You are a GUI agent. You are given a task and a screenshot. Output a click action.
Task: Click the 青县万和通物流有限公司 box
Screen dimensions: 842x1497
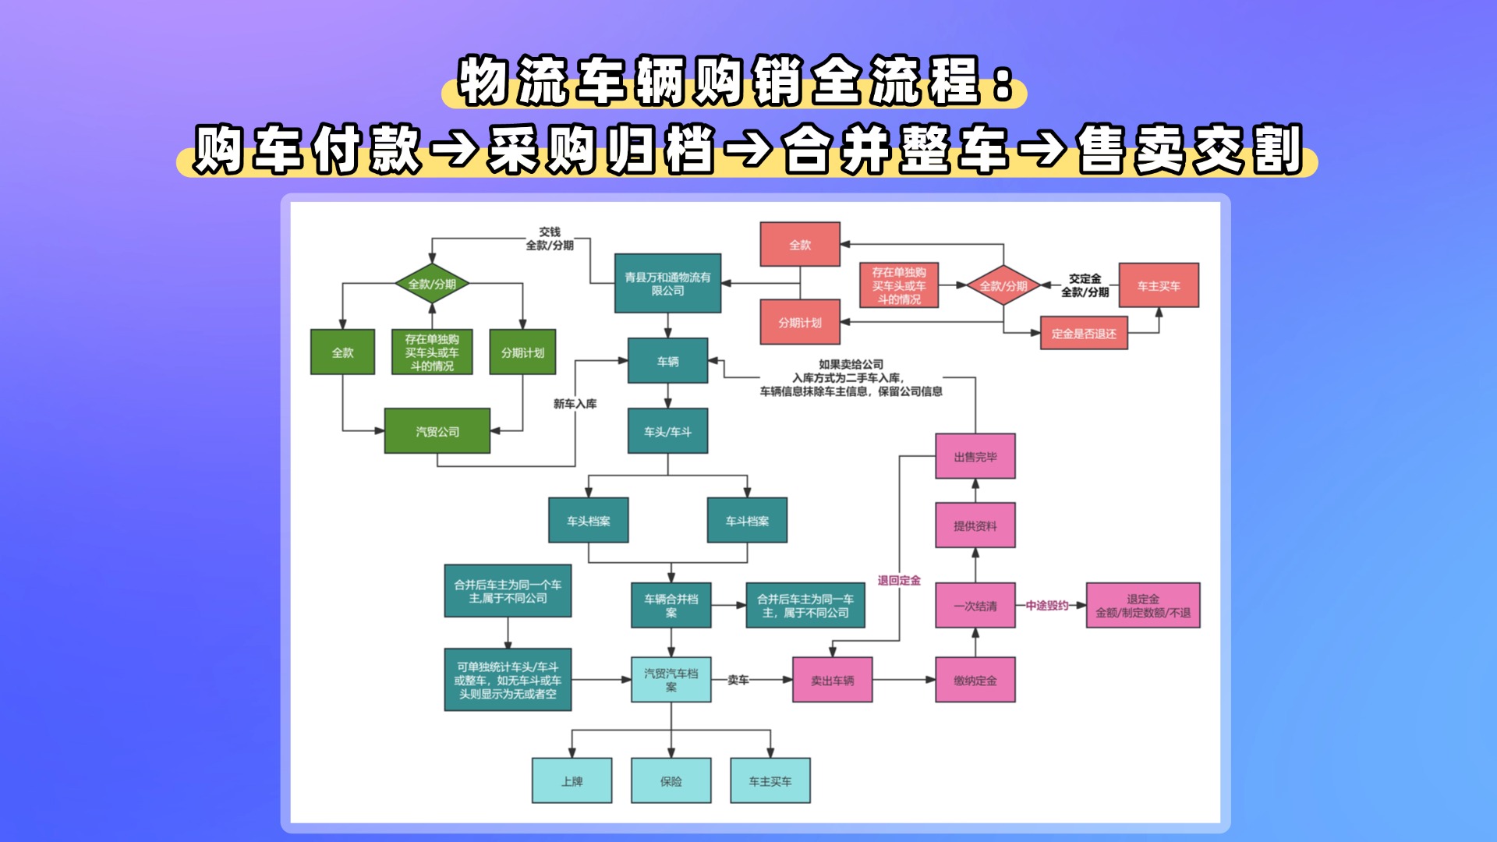tap(667, 283)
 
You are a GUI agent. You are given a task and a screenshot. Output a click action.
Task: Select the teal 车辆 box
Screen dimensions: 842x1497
tap(667, 361)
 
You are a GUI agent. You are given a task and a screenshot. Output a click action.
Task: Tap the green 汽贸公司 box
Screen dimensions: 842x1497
tap(437, 431)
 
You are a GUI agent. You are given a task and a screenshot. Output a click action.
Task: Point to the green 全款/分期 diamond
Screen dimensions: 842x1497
tap(432, 284)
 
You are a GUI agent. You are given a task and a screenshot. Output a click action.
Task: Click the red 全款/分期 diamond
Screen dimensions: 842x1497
tap(1003, 285)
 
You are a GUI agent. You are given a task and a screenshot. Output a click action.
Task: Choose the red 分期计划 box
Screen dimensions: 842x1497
tap(800, 322)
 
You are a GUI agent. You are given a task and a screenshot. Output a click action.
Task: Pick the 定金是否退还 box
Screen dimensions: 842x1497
tap(1084, 334)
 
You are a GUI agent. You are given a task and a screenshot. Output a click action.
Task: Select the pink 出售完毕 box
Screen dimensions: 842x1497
tap(975, 456)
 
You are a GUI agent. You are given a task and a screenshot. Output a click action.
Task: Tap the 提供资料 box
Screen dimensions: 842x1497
tap(975, 525)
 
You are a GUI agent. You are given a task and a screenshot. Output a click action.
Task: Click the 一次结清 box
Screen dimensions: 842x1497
tap(975, 605)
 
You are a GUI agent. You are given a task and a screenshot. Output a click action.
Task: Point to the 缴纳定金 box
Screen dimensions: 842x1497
tap(975, 680)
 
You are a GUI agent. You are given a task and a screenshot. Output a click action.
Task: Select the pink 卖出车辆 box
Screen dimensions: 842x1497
tap(832, 680)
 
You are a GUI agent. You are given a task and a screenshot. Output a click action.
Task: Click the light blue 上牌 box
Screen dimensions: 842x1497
tap(572, 780)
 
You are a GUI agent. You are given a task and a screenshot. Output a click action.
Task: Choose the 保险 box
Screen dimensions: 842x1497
tap(671, 780)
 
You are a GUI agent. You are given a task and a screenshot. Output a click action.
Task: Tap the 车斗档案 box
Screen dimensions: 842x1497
tap(747, 521)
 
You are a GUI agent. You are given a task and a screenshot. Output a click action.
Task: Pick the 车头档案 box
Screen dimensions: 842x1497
tap(588, 521)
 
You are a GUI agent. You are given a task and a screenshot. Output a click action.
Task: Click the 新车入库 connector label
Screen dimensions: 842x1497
tap(575, 404)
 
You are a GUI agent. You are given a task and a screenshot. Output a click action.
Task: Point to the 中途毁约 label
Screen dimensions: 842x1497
tap(1046, 605)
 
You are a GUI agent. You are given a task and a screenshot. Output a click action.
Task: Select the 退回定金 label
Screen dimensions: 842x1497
tap(899, 580)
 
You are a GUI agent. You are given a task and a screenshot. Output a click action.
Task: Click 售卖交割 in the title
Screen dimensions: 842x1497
tap(1190, 150)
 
